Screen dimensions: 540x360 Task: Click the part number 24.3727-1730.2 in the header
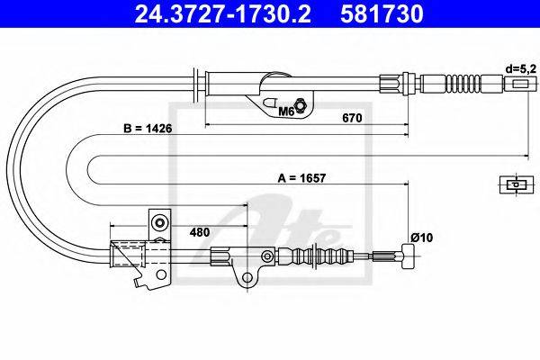coord(222,13)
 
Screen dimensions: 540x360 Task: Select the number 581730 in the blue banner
coord(382,13)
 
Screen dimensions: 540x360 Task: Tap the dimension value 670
coord(352,118)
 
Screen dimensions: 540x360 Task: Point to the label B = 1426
coord(148,129)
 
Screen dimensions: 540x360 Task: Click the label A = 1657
coord(301,178)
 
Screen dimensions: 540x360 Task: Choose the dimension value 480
coord(200,232)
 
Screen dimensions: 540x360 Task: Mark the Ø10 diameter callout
coord(421,238)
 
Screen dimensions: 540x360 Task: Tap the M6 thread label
coord(285,111)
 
